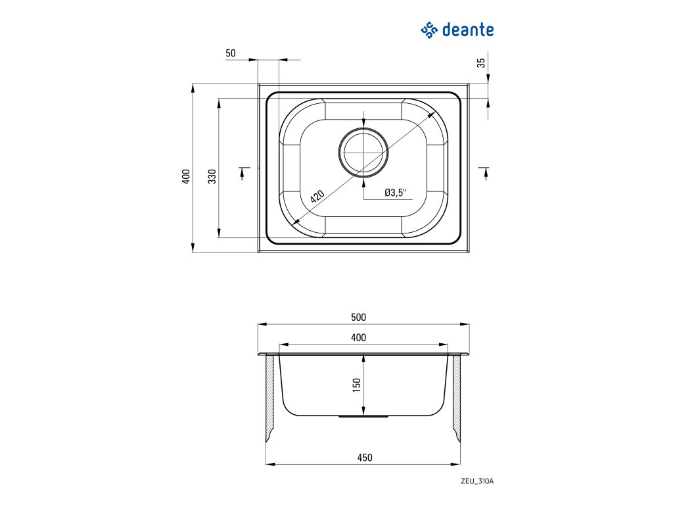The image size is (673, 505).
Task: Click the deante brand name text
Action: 467,30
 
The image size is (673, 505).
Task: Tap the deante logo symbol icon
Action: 429,30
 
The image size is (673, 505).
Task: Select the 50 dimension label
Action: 230,53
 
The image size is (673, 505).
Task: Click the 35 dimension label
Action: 481,63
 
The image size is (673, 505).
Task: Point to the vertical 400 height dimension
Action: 186,176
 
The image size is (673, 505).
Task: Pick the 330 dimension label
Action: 212,176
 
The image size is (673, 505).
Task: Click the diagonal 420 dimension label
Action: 317,195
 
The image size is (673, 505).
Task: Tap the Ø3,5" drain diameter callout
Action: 396,193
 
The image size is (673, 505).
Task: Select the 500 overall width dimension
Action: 358,317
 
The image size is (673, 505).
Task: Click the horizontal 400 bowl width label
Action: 358,337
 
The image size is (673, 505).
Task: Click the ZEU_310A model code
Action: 477,481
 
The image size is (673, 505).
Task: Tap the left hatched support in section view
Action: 270,398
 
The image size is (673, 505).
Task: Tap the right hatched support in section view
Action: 455,398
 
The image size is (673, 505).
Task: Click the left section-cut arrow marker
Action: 243,172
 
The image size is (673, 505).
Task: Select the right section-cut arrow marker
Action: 485,172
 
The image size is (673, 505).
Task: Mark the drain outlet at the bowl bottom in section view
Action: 363,416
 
